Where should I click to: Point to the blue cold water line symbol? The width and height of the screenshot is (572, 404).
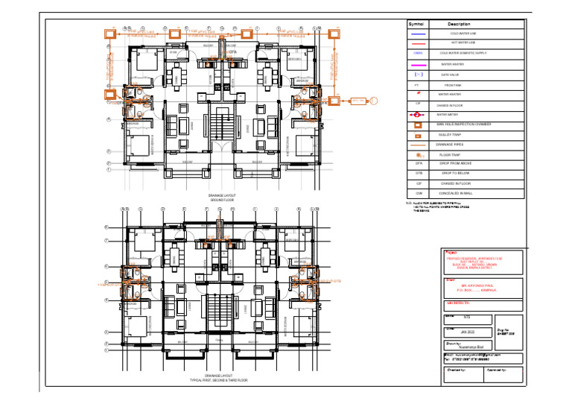pos(418,34)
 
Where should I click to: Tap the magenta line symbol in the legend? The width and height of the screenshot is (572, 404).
pos(418,65)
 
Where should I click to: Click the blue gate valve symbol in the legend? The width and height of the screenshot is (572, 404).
pos(418,75)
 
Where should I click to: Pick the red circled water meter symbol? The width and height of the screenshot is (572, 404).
pos(418,116)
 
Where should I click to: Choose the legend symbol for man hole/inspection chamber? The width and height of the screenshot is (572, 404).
pos(418,125)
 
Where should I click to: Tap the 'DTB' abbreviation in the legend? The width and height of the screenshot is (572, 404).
pos(418,172)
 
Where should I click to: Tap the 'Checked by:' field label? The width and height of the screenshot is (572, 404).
pos(457,368)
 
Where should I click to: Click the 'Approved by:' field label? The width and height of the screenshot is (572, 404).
pos(497,368)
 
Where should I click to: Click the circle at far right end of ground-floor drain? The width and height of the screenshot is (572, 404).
pos(375,101)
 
